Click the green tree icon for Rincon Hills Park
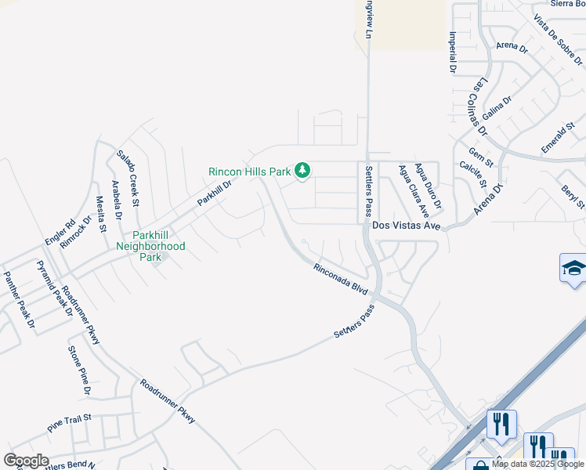coord(302,170)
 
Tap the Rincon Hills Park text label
coord(248,172)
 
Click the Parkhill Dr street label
coord(215,193)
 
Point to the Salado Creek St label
coord(128,179)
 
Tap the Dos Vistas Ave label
coord(407,225)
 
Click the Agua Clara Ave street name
coord(414,190)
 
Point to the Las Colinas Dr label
coord(479,106)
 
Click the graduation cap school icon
coord(573,269)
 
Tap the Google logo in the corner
coord(27,460)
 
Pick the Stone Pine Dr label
coord(80,370)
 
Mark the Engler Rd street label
coord(60,232)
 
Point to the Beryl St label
coord(573,193)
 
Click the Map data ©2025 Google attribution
coord(537,464)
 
